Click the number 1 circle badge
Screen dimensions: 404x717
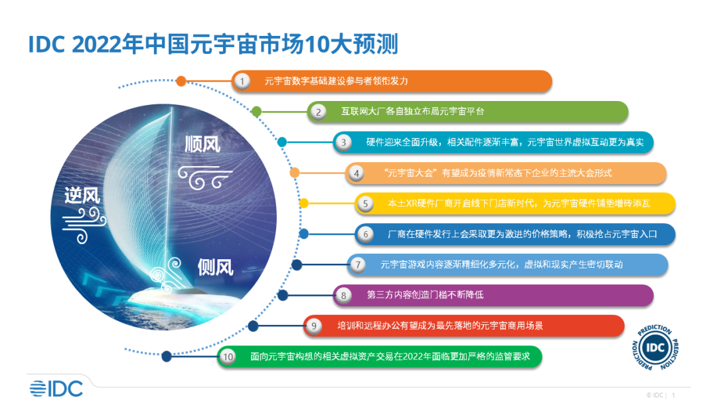pos(243,81)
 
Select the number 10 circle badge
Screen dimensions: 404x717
pos(228,357)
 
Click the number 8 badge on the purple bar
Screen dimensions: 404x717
pos(343,295)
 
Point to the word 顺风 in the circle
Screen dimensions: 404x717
pos(202,144)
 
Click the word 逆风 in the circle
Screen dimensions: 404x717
pos(82,195)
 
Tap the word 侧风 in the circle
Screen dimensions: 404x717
pos(215,267)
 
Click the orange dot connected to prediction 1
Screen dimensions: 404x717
pos(181,81)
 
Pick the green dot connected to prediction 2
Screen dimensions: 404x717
pos(257,112)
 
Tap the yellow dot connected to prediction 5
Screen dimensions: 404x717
pos(304,203)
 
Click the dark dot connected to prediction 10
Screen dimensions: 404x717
pos(167,356)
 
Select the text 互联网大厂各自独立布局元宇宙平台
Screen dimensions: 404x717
pos(413,112)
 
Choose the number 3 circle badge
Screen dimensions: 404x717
pos(343,142)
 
